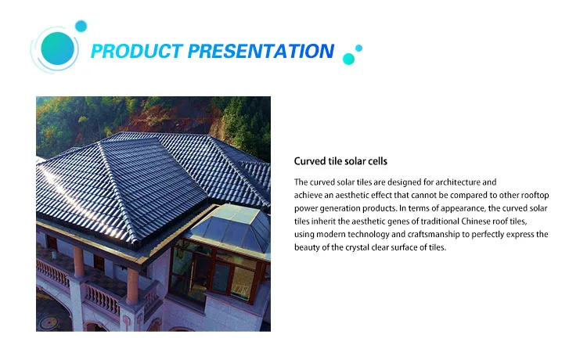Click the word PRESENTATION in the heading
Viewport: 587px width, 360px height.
(x=261, y=52)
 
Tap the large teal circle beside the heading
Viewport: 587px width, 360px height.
(x=57, y=49)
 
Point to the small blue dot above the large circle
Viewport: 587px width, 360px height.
(x=81, y=26)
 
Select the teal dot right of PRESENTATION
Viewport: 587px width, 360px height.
(x=349, y=59)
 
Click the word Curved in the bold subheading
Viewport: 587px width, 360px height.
(x=309, y=161)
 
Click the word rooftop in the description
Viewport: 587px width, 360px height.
(x=530, y=195)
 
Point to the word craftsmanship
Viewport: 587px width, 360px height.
(x=445, y=235)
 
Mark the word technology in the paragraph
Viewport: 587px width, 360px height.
(x=375, y=235)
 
